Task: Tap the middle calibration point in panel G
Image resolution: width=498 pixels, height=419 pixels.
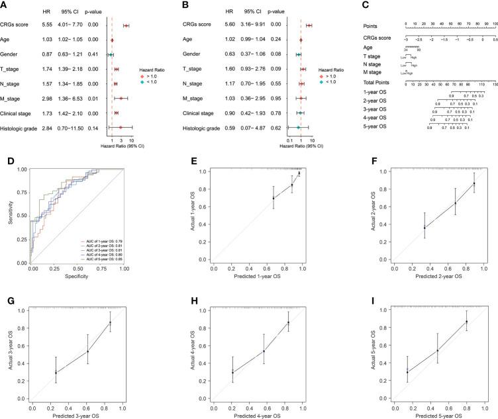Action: pyautogui.click(x=87, y=351)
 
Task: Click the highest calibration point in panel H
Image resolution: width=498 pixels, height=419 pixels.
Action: pyautogui.click(x=288, y=322)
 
